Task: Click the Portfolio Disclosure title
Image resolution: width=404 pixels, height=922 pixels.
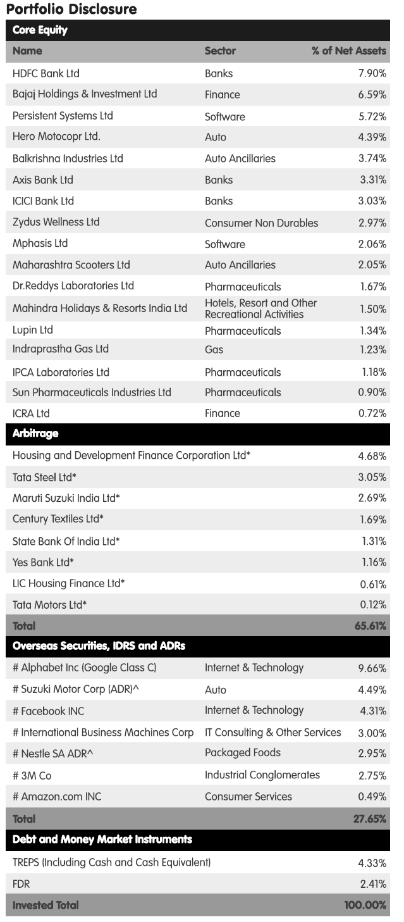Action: (71, 9)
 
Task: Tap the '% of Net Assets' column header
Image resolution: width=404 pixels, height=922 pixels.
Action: (348, 51)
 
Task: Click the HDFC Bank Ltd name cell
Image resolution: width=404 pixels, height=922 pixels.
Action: (46, 73)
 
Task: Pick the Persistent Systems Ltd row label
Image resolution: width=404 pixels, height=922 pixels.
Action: (63, 116)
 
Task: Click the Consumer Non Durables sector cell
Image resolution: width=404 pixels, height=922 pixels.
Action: (261, 223)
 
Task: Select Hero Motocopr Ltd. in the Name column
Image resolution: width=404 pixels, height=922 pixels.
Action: (56, 137)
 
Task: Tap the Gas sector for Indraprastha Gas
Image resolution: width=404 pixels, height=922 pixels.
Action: (214, 349)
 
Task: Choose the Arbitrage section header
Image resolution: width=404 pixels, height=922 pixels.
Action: (35, 433)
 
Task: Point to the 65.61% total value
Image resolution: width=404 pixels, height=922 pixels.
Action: (370, 626)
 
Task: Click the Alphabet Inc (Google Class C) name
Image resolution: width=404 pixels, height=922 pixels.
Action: (84, 668)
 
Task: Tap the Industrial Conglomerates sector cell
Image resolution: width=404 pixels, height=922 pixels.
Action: (262, 775)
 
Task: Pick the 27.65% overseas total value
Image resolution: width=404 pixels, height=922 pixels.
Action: (370, 818)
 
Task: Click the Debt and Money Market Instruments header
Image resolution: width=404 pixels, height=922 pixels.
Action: (102, 840)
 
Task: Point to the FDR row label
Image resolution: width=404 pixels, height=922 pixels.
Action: (21, 883)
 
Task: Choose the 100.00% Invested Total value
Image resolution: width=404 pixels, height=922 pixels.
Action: (365, 905)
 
